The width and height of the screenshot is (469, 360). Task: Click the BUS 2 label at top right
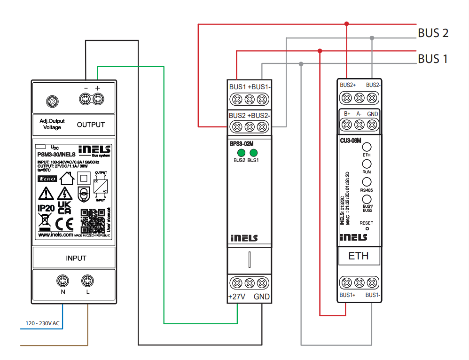(433, 33)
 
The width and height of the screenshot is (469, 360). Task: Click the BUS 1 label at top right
(433, 59)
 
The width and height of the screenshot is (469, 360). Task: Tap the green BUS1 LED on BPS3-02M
(254, 153)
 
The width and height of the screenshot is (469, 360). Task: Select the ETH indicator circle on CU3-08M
(367, 147)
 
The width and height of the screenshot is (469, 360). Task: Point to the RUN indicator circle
(367, 164)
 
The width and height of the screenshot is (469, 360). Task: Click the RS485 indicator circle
(367, 182)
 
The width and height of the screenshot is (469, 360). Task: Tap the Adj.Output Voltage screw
(52, 101)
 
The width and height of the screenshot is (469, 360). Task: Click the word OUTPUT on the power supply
(91, 125)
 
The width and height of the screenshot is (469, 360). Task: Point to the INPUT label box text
(76, 258)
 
